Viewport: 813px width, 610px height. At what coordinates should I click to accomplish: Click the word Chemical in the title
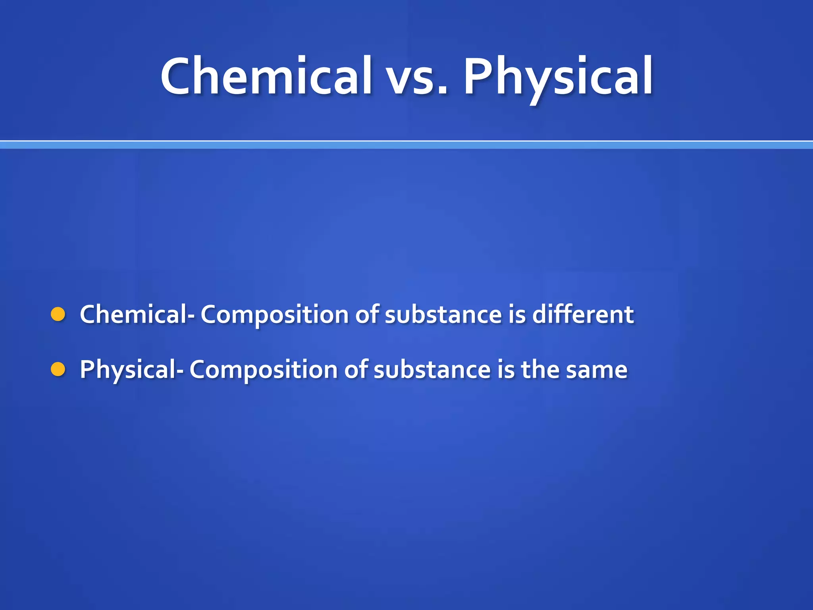(x=266, y=76)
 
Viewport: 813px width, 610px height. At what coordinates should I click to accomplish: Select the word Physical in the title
(x=558, y=77)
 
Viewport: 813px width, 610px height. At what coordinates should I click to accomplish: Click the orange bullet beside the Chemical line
(x=58, y=314)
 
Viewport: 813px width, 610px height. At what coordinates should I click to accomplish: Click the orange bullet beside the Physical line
(x=58, y=369)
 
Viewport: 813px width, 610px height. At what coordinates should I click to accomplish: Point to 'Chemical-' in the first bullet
(x=137, y=315)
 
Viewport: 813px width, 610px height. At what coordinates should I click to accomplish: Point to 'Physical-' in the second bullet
(x=131, y=370)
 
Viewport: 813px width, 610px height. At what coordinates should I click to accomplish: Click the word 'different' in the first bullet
(x=582, y=315)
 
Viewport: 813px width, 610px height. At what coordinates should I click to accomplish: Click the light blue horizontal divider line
(x=406, y=145)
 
